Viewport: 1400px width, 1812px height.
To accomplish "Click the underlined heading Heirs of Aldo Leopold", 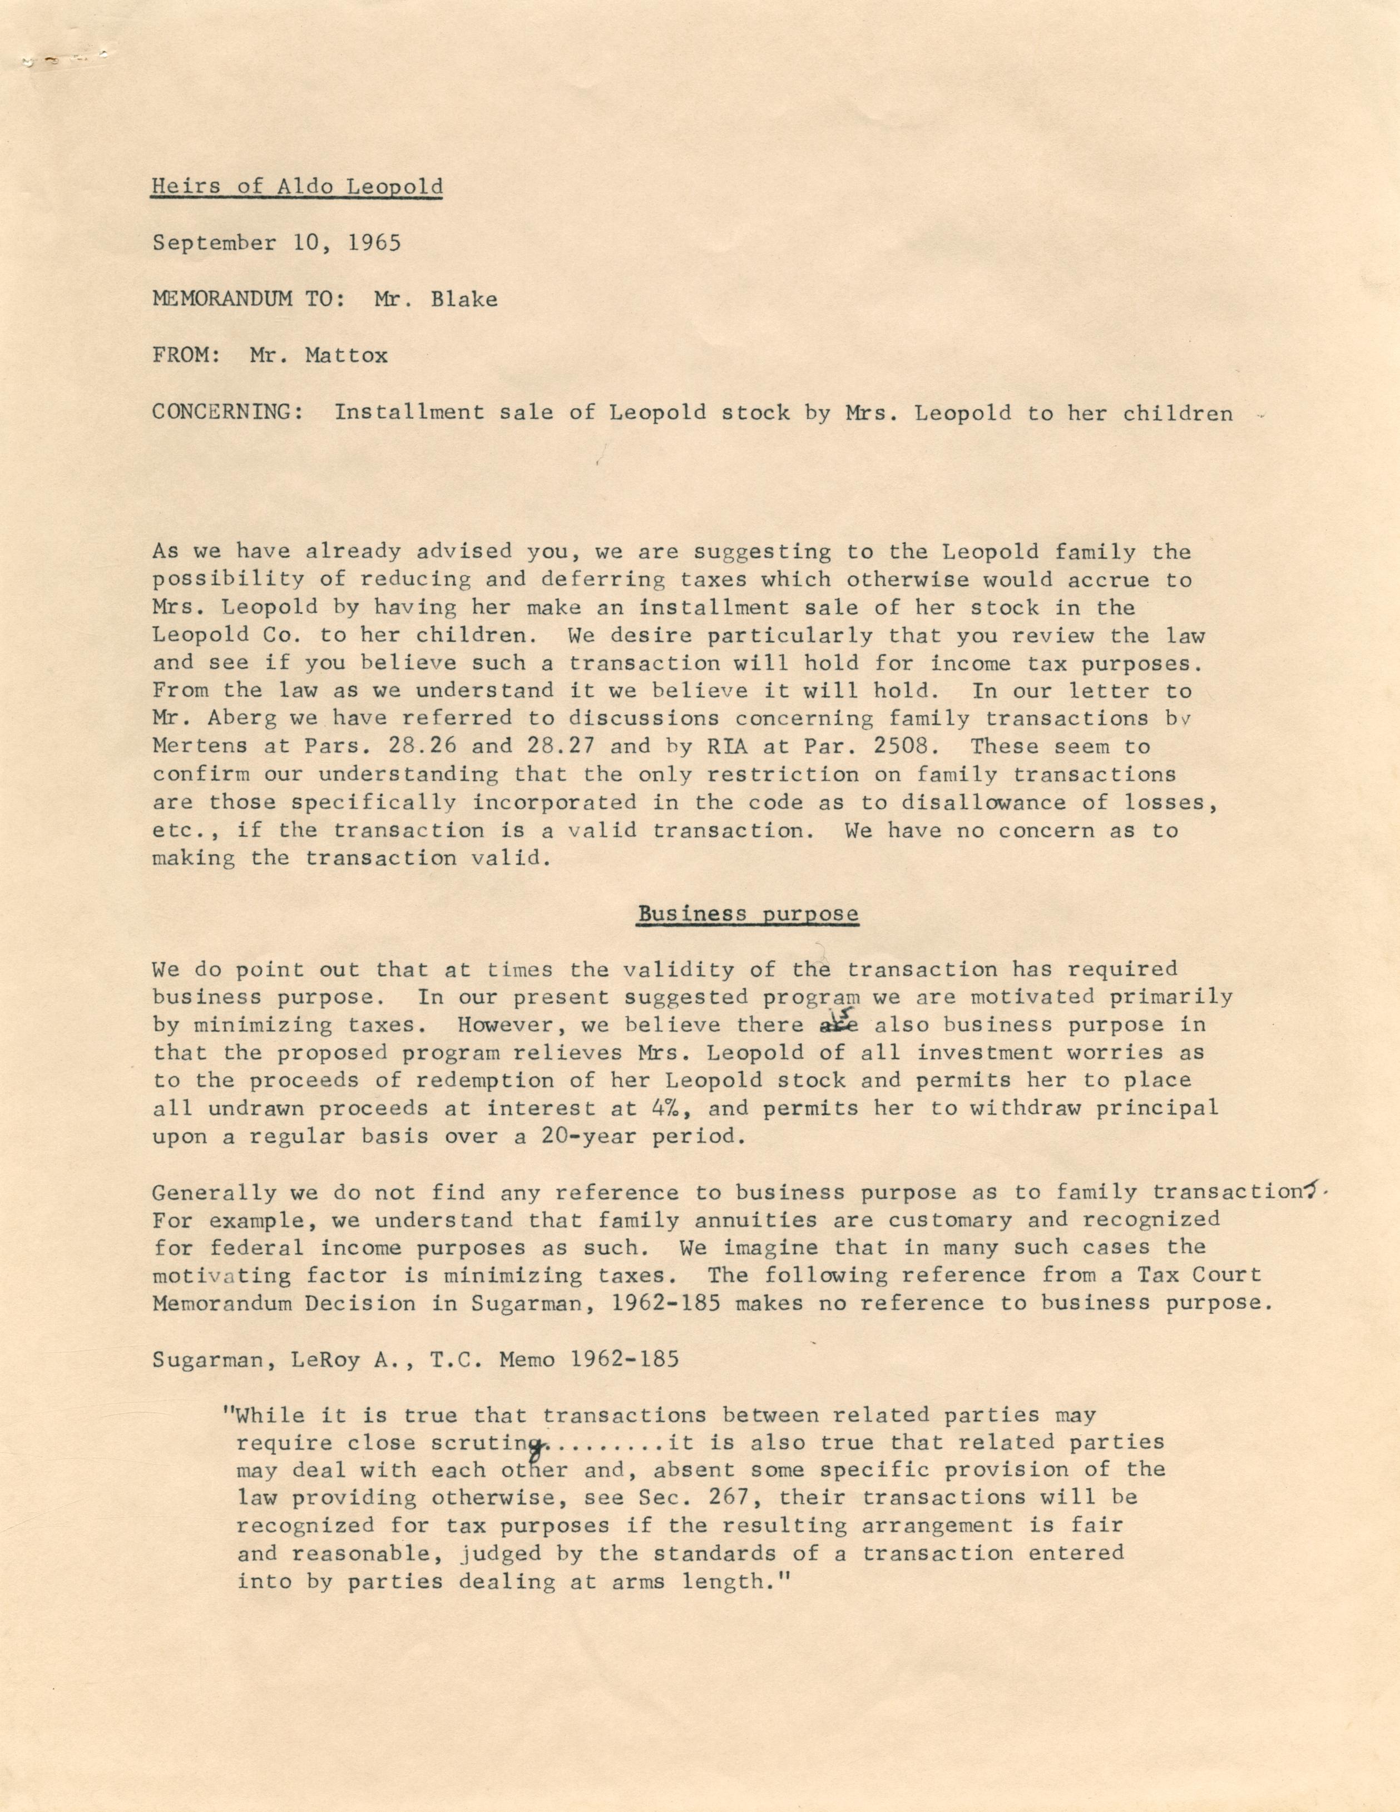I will point(296,186).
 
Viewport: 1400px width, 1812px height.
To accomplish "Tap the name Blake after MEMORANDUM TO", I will point(464,300).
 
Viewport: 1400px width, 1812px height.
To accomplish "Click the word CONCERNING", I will point(226,412).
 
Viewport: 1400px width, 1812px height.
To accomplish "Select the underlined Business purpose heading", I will point(748,913).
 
